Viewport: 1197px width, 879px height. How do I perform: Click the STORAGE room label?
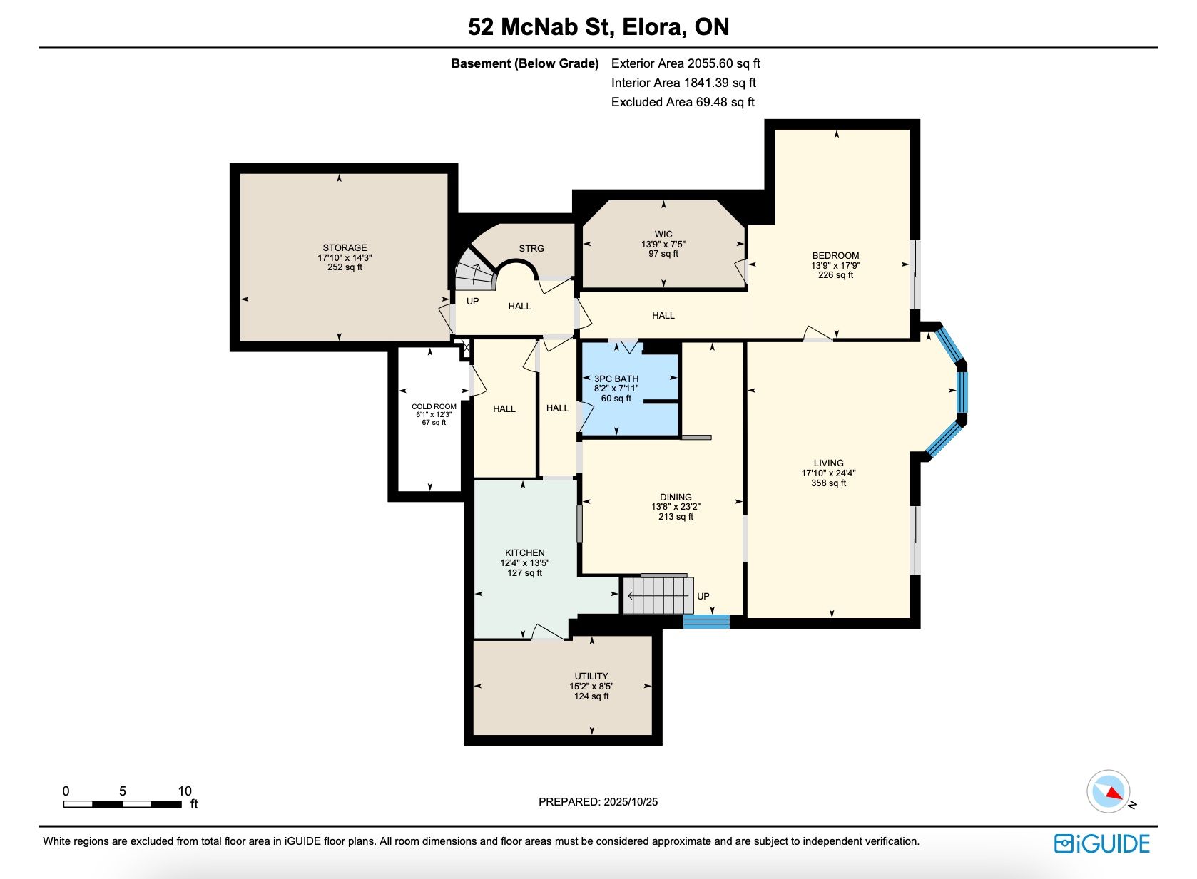[345, 248]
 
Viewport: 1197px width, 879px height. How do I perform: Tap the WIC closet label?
[663, 234]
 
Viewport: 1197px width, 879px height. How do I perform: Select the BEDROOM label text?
[835, 255]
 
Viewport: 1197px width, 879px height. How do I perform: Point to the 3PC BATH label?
[616, 379]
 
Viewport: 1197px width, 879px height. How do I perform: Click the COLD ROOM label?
[434, 406]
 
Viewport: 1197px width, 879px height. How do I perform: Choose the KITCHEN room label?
[525, 552]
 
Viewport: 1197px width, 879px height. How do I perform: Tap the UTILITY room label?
[591, 676]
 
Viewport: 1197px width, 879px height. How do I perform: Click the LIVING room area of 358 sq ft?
[828, 483]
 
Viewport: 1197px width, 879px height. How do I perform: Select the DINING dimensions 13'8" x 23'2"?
[676, 507]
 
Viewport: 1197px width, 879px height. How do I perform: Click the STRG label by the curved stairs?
[531, 248]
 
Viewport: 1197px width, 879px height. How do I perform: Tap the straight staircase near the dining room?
[658, 595]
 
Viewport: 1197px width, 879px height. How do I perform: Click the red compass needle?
[1115, 793]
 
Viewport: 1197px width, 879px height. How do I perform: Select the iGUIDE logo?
[1102, 844]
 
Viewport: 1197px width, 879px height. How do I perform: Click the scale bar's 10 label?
[185, 791]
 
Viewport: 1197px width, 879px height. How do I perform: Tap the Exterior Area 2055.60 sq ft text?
[686, 63]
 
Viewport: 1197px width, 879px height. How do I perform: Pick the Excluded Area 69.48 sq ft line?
[683, 102]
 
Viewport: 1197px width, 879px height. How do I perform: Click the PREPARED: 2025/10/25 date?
[598, 801]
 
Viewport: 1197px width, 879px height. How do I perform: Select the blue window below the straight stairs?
[706, 621]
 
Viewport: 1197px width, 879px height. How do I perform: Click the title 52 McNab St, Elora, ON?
[598, 26]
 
